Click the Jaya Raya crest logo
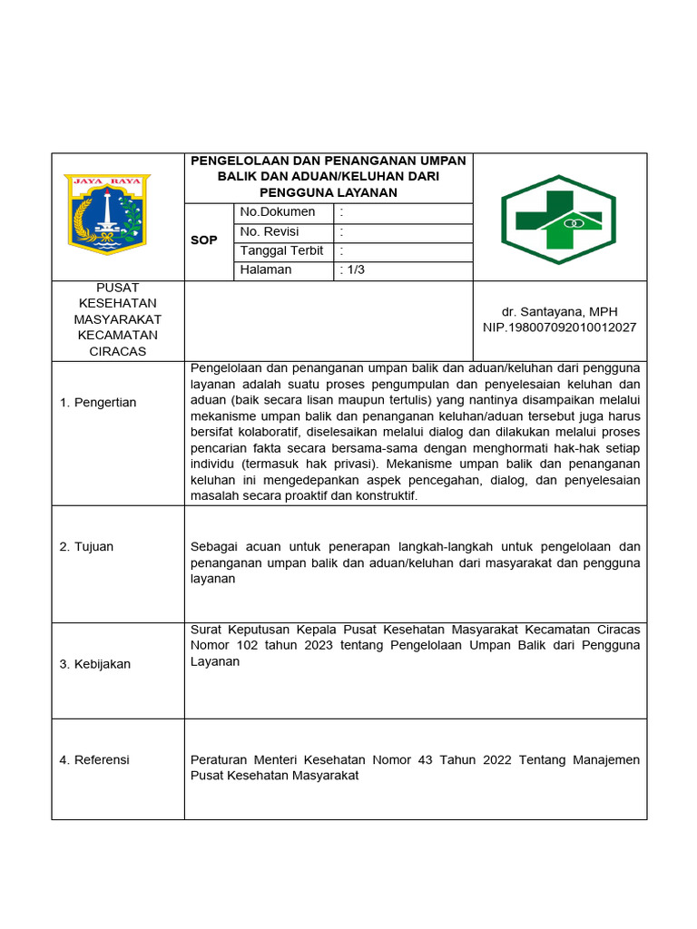(x=107, y=214)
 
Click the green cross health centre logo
(x=559, y=219)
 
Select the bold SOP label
(x=204, y=240)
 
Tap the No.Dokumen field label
(x=278, y=212)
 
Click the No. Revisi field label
(x=270, y=231)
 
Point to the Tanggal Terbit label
(x=281, y=250)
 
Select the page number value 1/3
(x=353, y=269)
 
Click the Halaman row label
(x=266, y=269)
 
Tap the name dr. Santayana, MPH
(x=559, y=311)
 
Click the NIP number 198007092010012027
(x=559, y=327)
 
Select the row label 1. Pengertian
(x=98, y=402)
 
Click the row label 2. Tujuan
(x=86, y=546)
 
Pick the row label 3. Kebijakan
(x=95, y=664)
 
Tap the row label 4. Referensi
(x=94, y=759)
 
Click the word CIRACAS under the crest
(x=117, y=351)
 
